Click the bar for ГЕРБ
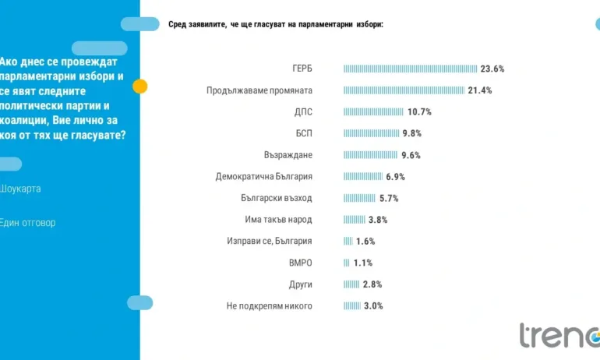coord(411,69)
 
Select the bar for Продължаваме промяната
coord(404,90)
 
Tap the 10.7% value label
coord(418,112)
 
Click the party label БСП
coord(304,133)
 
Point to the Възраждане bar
coord(372,155)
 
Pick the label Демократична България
coord(263,177)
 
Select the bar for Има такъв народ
coord(355,220)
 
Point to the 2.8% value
coord(372,284)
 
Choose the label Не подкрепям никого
coord(270,306)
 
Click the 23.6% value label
coord(492,69)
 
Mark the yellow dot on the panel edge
coord(140,86)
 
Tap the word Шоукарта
coord(21,189)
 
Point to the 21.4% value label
coord(480,90)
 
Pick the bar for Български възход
coord(359,198)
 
